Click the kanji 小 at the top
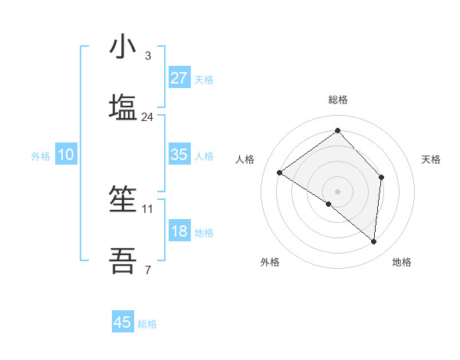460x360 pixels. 123,47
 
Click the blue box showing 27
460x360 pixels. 179,77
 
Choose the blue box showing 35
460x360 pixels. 179,154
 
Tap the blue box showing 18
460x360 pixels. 179,231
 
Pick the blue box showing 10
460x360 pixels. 66,154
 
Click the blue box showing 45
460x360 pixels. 123,322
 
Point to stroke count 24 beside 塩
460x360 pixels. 148,117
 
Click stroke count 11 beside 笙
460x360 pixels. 148,208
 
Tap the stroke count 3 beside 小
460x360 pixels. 148,56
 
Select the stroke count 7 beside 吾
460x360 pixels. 148,270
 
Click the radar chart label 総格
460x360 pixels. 338,100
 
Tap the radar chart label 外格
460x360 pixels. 270,262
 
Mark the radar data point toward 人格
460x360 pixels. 280,173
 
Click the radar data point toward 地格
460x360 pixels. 373,241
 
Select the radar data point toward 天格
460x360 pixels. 381,177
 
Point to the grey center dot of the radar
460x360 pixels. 338,191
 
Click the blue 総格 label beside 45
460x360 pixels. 147,324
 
